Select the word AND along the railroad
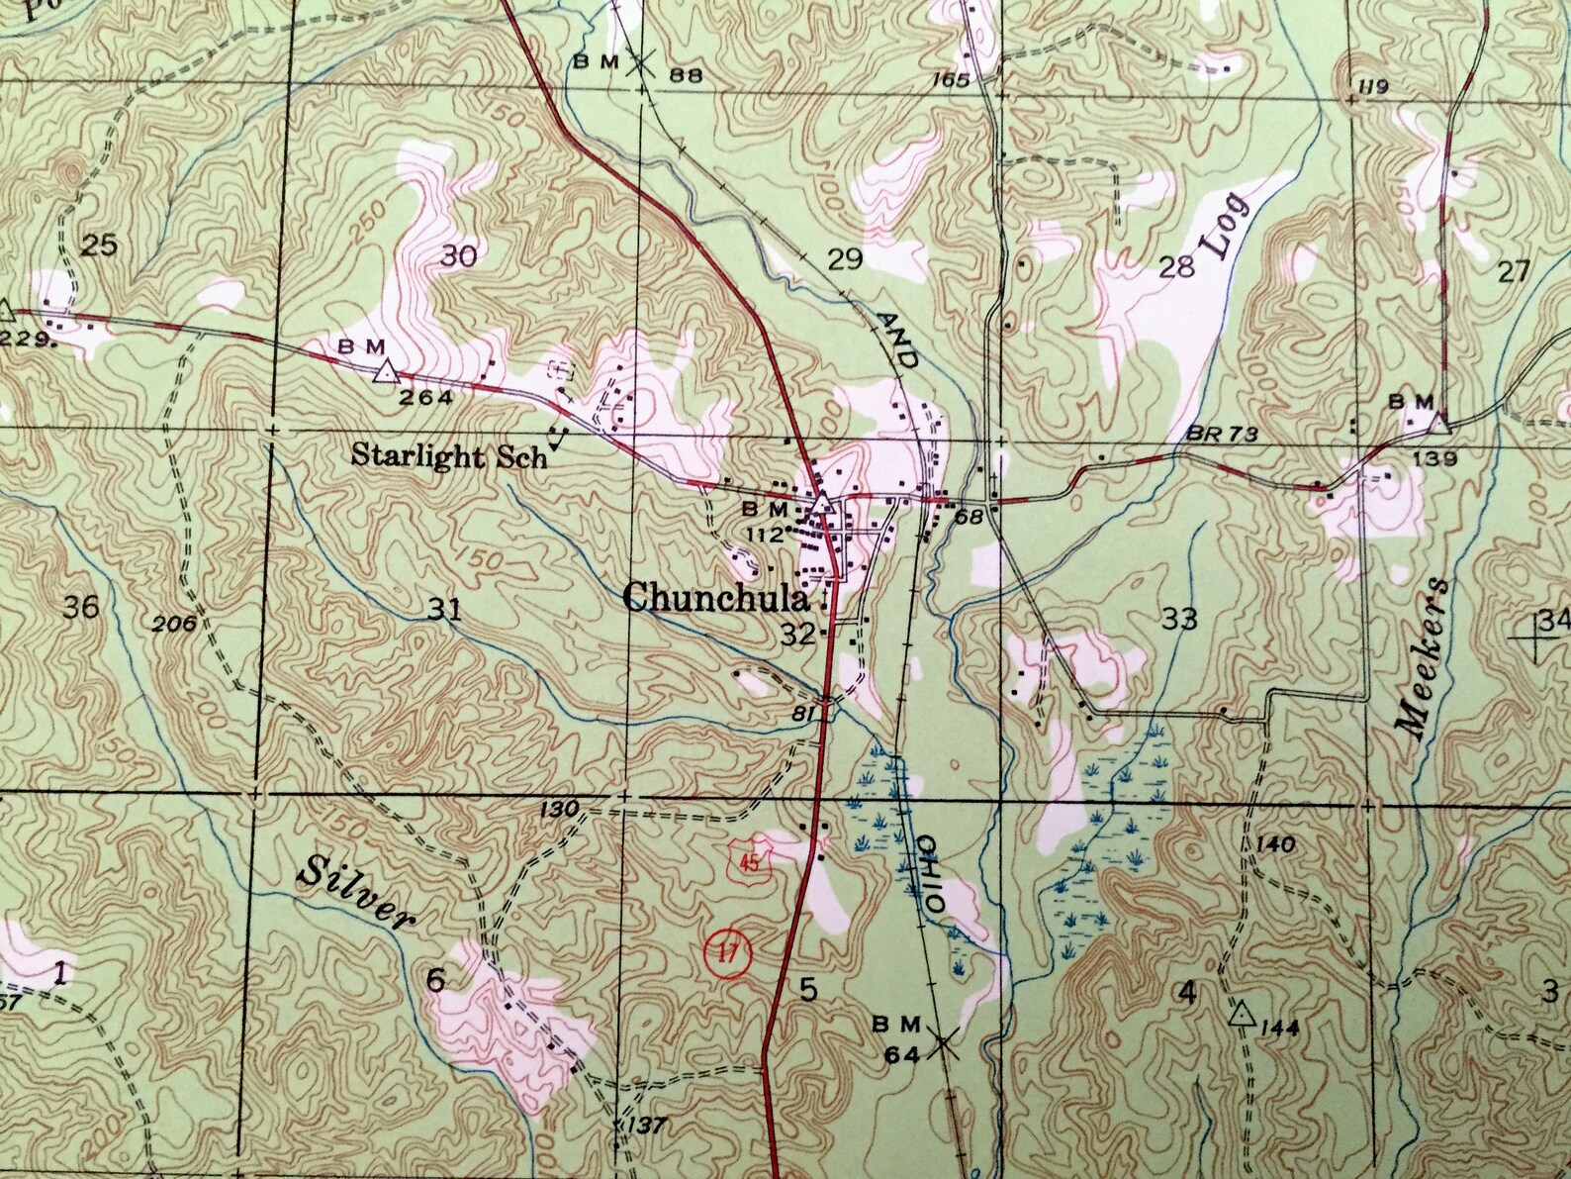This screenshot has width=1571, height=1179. click(897, 339)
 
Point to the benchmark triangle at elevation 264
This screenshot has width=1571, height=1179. click(385, 372)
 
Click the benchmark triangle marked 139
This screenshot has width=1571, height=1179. click(1438, 424)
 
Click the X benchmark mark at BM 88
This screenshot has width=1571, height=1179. click(642, 62)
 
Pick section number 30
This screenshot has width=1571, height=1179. click(458, 256)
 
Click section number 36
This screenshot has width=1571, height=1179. click(80, 606)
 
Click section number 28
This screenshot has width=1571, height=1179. click(1177, 266)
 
